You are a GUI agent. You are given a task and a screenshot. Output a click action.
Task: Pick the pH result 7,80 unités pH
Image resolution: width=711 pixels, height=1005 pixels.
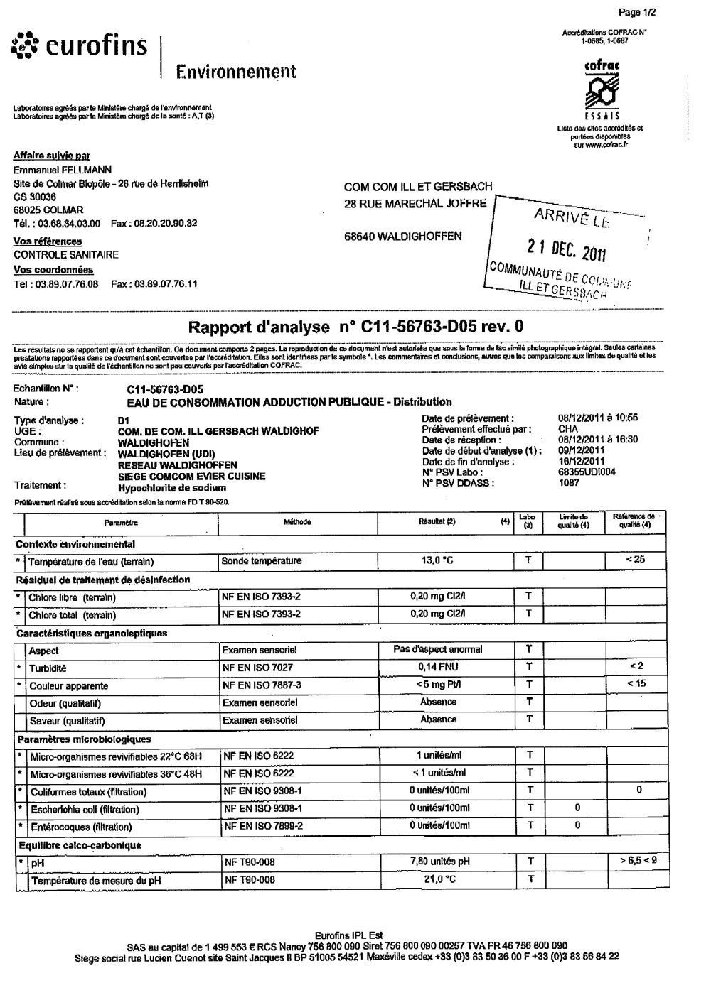pyautogui.click(x=439, y=862)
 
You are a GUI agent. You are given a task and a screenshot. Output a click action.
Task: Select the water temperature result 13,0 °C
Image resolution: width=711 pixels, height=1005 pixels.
pyautogui.click(x=437, y=560)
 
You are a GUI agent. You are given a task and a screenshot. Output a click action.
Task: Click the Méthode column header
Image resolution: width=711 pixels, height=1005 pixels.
pyautogui.click(x=297, y=522)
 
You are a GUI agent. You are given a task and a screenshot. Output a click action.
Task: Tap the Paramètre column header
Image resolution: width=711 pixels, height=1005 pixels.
pyautogui.click(x=121, y=522)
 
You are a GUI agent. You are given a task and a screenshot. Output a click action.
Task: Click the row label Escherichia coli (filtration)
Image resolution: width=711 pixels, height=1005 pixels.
pyautogui.click(x=84, y=809)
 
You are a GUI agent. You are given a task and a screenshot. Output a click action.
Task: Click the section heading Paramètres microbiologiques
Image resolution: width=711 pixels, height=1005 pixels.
pyautogui.click(x=84, y=739)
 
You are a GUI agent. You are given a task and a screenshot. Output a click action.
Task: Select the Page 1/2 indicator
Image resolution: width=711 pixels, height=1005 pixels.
pyautogui.click(x=637, y=12)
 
